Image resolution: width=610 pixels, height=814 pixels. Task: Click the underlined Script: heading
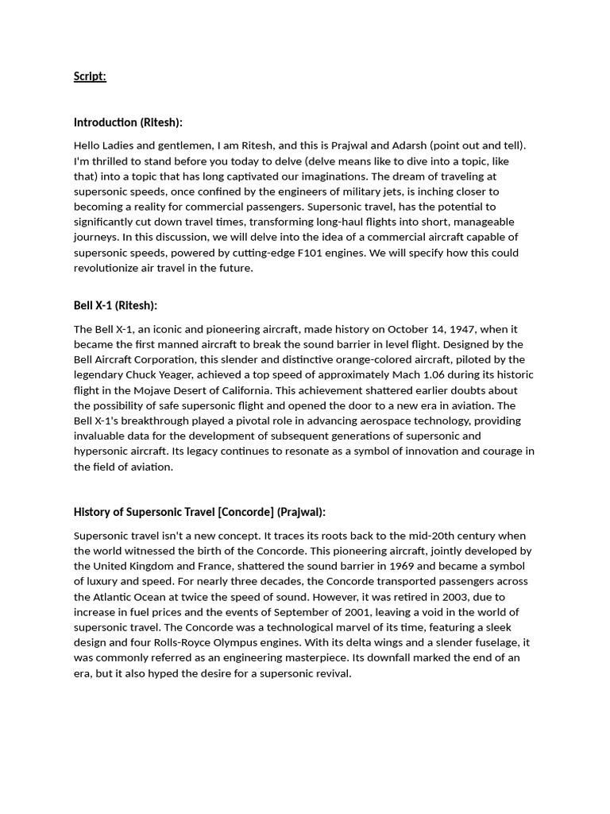(90, 76)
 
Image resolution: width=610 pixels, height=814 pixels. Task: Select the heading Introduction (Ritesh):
(128, 122)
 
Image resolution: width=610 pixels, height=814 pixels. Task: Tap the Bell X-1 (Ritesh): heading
(115, 305)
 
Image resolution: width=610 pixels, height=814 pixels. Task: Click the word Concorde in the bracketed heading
(245, 512)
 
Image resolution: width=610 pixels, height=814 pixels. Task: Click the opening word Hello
(88, 145)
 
